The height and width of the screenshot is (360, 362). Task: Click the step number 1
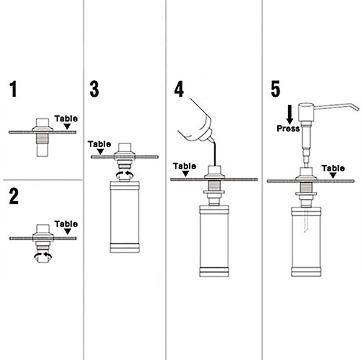click(x=14, y=89)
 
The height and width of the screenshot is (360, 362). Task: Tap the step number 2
click(x=14, y=197)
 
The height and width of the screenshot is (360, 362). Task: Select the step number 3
click(x=94, y=89)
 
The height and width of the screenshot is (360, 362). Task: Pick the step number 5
click(x=275, y=89)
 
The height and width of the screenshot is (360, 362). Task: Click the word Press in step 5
click(x=288, y=128)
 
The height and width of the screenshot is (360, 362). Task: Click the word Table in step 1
click(x=66, y=119)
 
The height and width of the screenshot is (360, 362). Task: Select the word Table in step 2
click(x=66, y=224)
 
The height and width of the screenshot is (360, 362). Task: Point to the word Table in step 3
click(x=99, y=144)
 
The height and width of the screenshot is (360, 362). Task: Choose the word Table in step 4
click(x=184, y=166)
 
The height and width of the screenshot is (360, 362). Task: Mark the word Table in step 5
click(x=333, y=168)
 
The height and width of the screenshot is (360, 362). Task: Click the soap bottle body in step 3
click(x=124, y=217)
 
